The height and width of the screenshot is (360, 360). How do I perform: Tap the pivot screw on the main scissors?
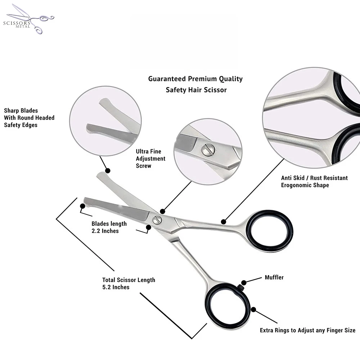click(x=157, y=220)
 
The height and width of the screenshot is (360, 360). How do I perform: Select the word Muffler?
click(x=274, y=278)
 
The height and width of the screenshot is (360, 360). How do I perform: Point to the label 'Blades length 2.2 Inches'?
click(x=109, y=228)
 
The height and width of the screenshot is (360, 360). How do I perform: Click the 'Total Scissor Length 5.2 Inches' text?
click(x=129, y=283)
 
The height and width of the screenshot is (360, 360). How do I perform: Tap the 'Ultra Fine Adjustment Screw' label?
click(x=150, y=159)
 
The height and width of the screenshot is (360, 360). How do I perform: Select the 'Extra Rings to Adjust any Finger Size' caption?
click(x=307, y=330)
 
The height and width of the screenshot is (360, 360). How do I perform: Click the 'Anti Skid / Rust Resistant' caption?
click(x=314, y=181)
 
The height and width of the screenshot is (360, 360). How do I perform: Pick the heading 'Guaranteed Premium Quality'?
click(x=195, y=79)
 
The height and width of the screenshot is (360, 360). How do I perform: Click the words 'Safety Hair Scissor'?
click(x=196, y=90)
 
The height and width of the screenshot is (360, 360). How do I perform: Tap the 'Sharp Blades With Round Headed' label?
click(x=29, y=118)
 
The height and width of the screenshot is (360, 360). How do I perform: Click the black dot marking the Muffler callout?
click(x=244, y=283)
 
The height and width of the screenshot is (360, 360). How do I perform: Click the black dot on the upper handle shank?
click(x=224, y=221)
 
